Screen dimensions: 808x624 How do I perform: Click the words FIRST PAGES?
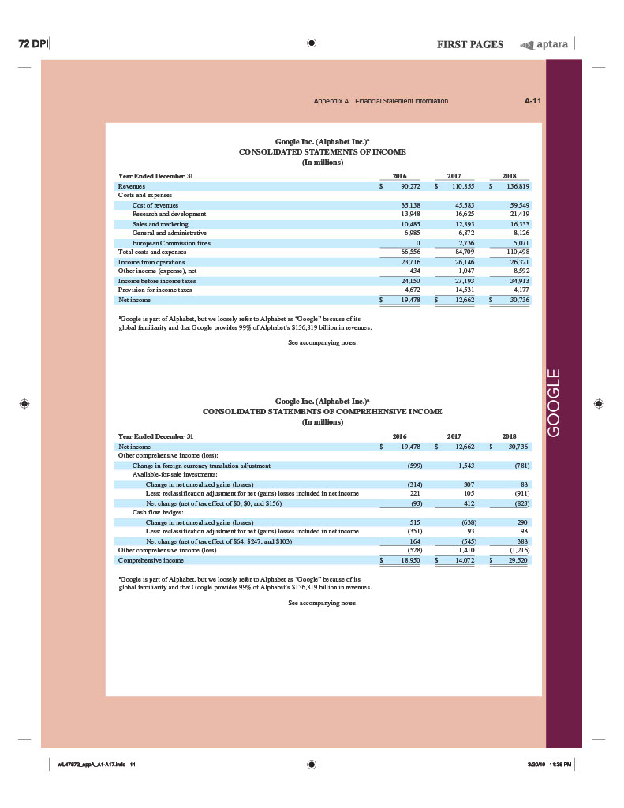470,44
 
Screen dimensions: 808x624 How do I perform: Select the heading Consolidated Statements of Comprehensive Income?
322,411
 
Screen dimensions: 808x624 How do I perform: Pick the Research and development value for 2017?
461,214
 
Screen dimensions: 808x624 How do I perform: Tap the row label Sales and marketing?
155,224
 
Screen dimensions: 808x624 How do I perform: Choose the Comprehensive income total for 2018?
517,560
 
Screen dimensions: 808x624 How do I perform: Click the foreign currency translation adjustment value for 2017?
461,466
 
